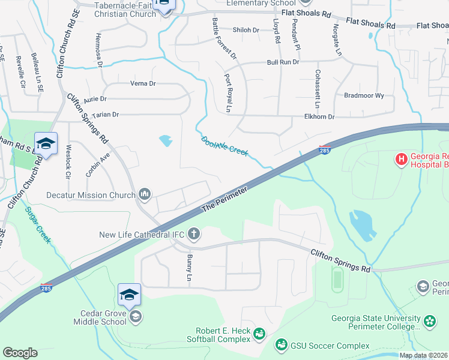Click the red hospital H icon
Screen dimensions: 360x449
click(401, 159)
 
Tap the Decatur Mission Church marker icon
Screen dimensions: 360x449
click(145, 194)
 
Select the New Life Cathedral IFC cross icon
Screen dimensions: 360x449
click(193, 233)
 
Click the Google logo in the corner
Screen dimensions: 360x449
click(20, 353)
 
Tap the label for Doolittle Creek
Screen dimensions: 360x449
click(224, 146)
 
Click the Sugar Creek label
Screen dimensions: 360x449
click(38, 226)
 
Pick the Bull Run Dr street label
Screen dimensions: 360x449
click(283, 62)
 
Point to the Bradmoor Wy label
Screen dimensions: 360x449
click(364, 95)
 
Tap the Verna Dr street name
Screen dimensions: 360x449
click(143, 84)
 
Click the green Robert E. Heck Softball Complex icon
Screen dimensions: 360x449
click(259, 333)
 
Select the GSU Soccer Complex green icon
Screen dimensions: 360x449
click(281, 345)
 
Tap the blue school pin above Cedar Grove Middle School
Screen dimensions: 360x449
click(129, 295)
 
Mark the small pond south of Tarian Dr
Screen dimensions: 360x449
click(165, 141)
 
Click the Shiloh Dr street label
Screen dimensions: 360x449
click(246, 30)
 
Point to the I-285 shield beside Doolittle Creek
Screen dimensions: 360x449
click(324, 150)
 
